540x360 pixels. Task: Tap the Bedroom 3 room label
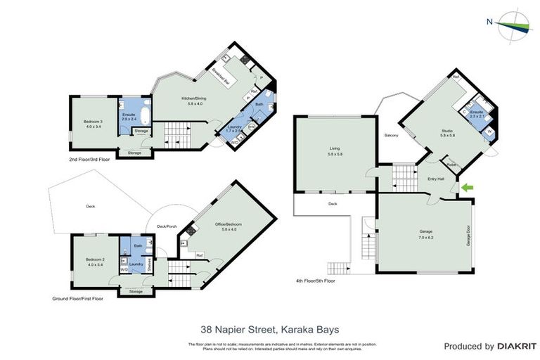coord(94,124)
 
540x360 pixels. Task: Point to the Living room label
coord(335,150)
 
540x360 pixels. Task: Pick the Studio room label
coord(448,132)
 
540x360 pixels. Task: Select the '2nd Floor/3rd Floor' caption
coord(89,160)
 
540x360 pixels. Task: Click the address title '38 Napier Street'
coord(269,327)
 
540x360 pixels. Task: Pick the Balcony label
coord(391,135)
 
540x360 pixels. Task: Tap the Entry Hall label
coord(436,179)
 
